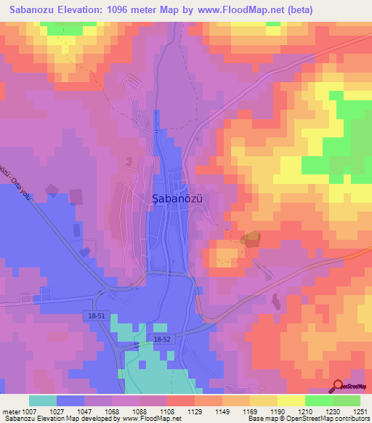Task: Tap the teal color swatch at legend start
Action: tap(43, 400)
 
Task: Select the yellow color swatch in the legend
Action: tap(291, 400)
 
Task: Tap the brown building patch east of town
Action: tap(251, 238)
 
